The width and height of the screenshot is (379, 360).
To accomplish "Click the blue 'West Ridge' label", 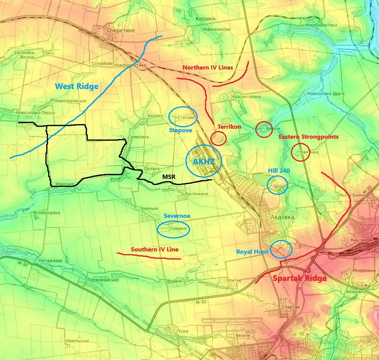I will click(x=77, y=86).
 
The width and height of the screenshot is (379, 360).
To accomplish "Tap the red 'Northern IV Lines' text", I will click(x=208, y=68).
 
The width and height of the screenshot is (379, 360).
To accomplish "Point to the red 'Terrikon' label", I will click(x=229, y=126).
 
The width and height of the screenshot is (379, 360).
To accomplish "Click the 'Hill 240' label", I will click(x=279, y=171).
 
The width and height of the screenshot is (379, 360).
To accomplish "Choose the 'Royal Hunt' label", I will click(x=252, y=252).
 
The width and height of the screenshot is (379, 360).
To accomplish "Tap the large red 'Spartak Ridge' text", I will click(x=300, y=278).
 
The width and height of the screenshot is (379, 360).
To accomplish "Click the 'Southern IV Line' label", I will click(x=155, y=250).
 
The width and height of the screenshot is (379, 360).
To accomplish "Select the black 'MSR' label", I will click(x=169, y=177).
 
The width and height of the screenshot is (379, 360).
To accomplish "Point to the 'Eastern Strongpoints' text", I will click(x=308, y=137).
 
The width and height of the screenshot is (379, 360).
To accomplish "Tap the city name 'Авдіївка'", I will click(x=282, y=217).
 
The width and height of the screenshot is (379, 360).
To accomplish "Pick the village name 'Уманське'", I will click(x=65, y=184).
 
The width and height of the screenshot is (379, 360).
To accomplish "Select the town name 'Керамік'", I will click(x=206, y=19).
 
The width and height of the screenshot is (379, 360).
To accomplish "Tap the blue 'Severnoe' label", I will click(x=177, y=216).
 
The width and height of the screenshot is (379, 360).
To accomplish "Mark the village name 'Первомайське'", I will click(x=103, y=280).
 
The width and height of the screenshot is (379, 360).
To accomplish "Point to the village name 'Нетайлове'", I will click(x=50, y=261).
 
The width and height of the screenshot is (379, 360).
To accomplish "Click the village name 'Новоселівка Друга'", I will click(x=326, y=94).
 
